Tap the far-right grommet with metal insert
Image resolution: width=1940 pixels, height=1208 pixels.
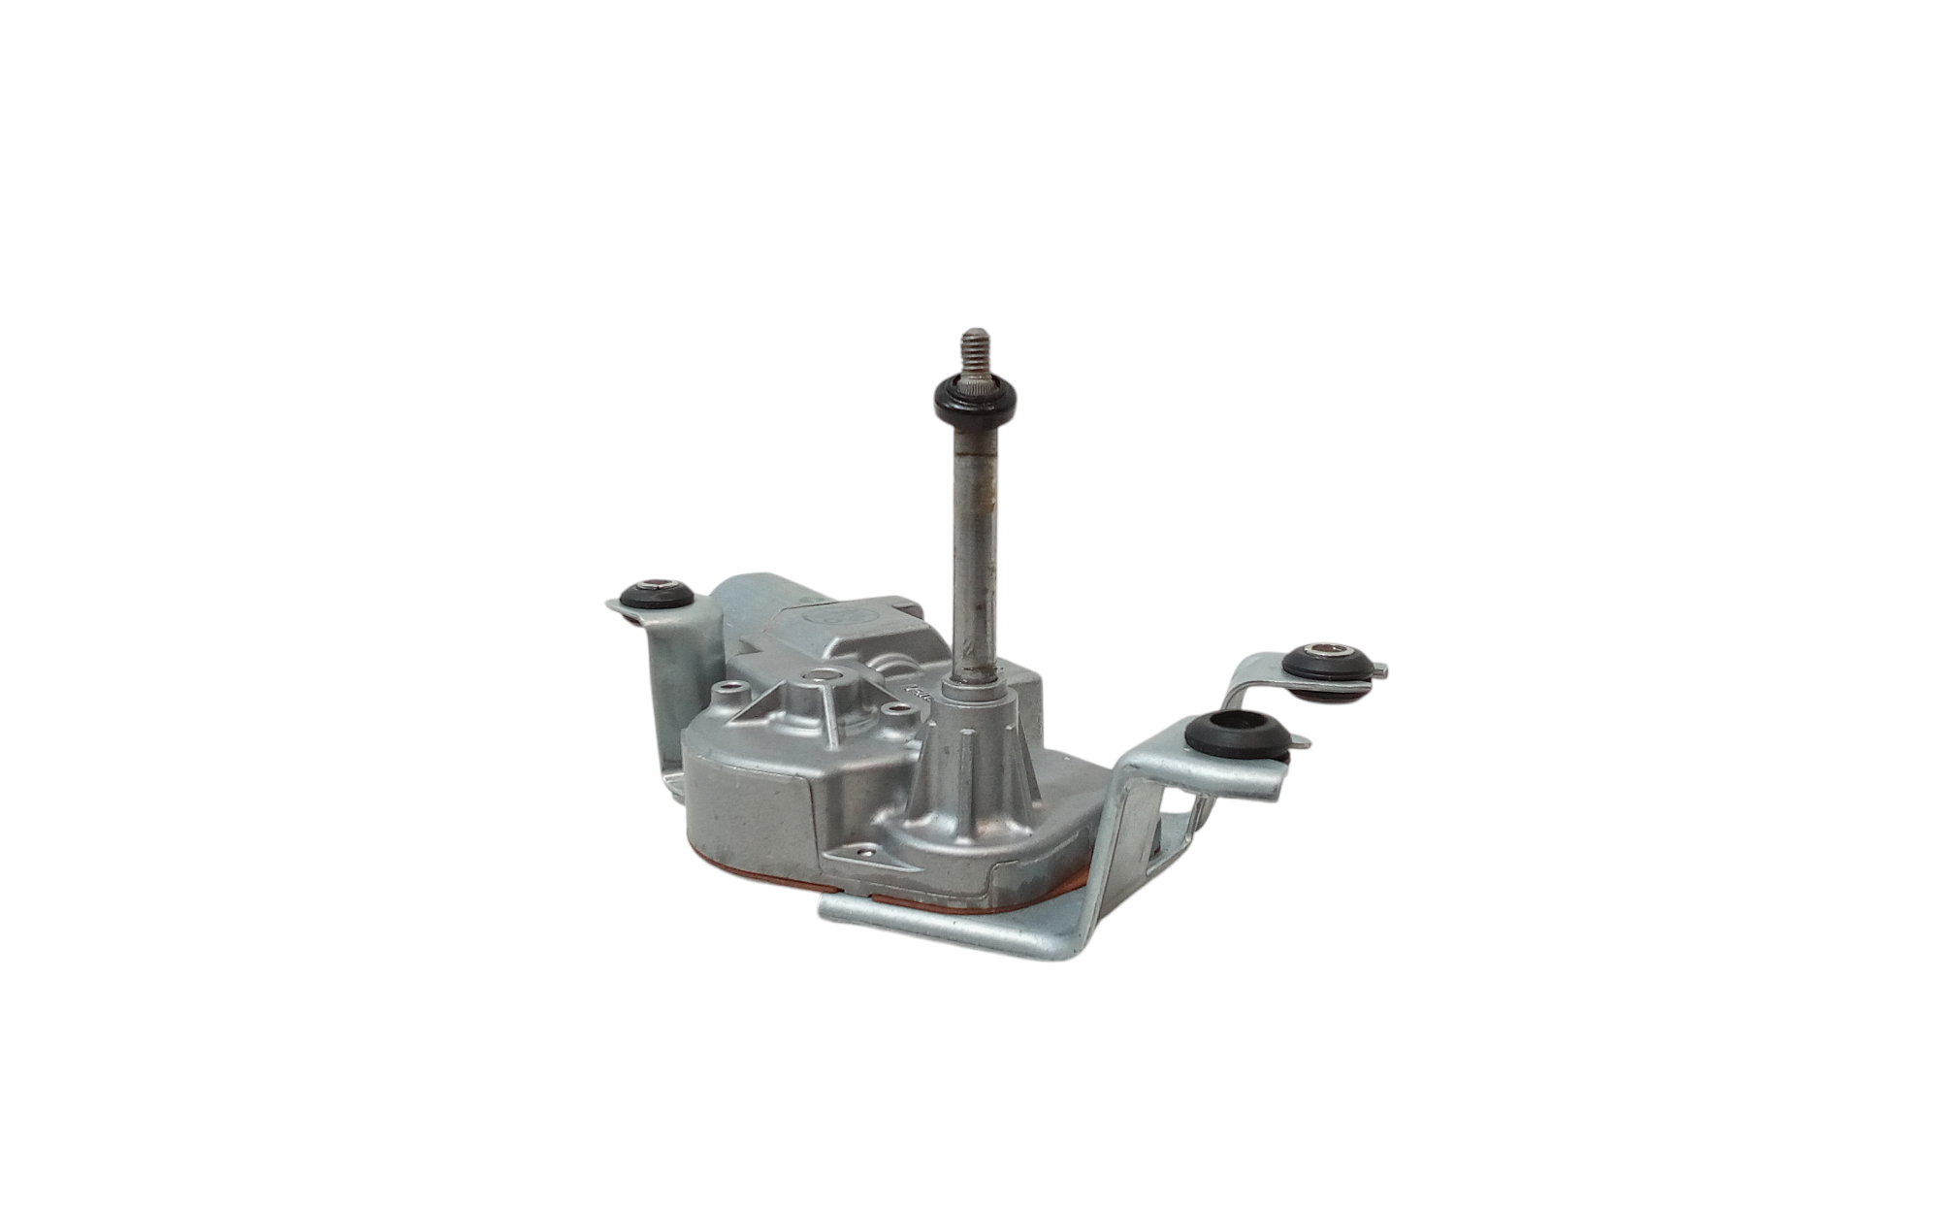1329,666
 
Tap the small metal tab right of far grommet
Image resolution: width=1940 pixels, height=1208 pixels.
1380,668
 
